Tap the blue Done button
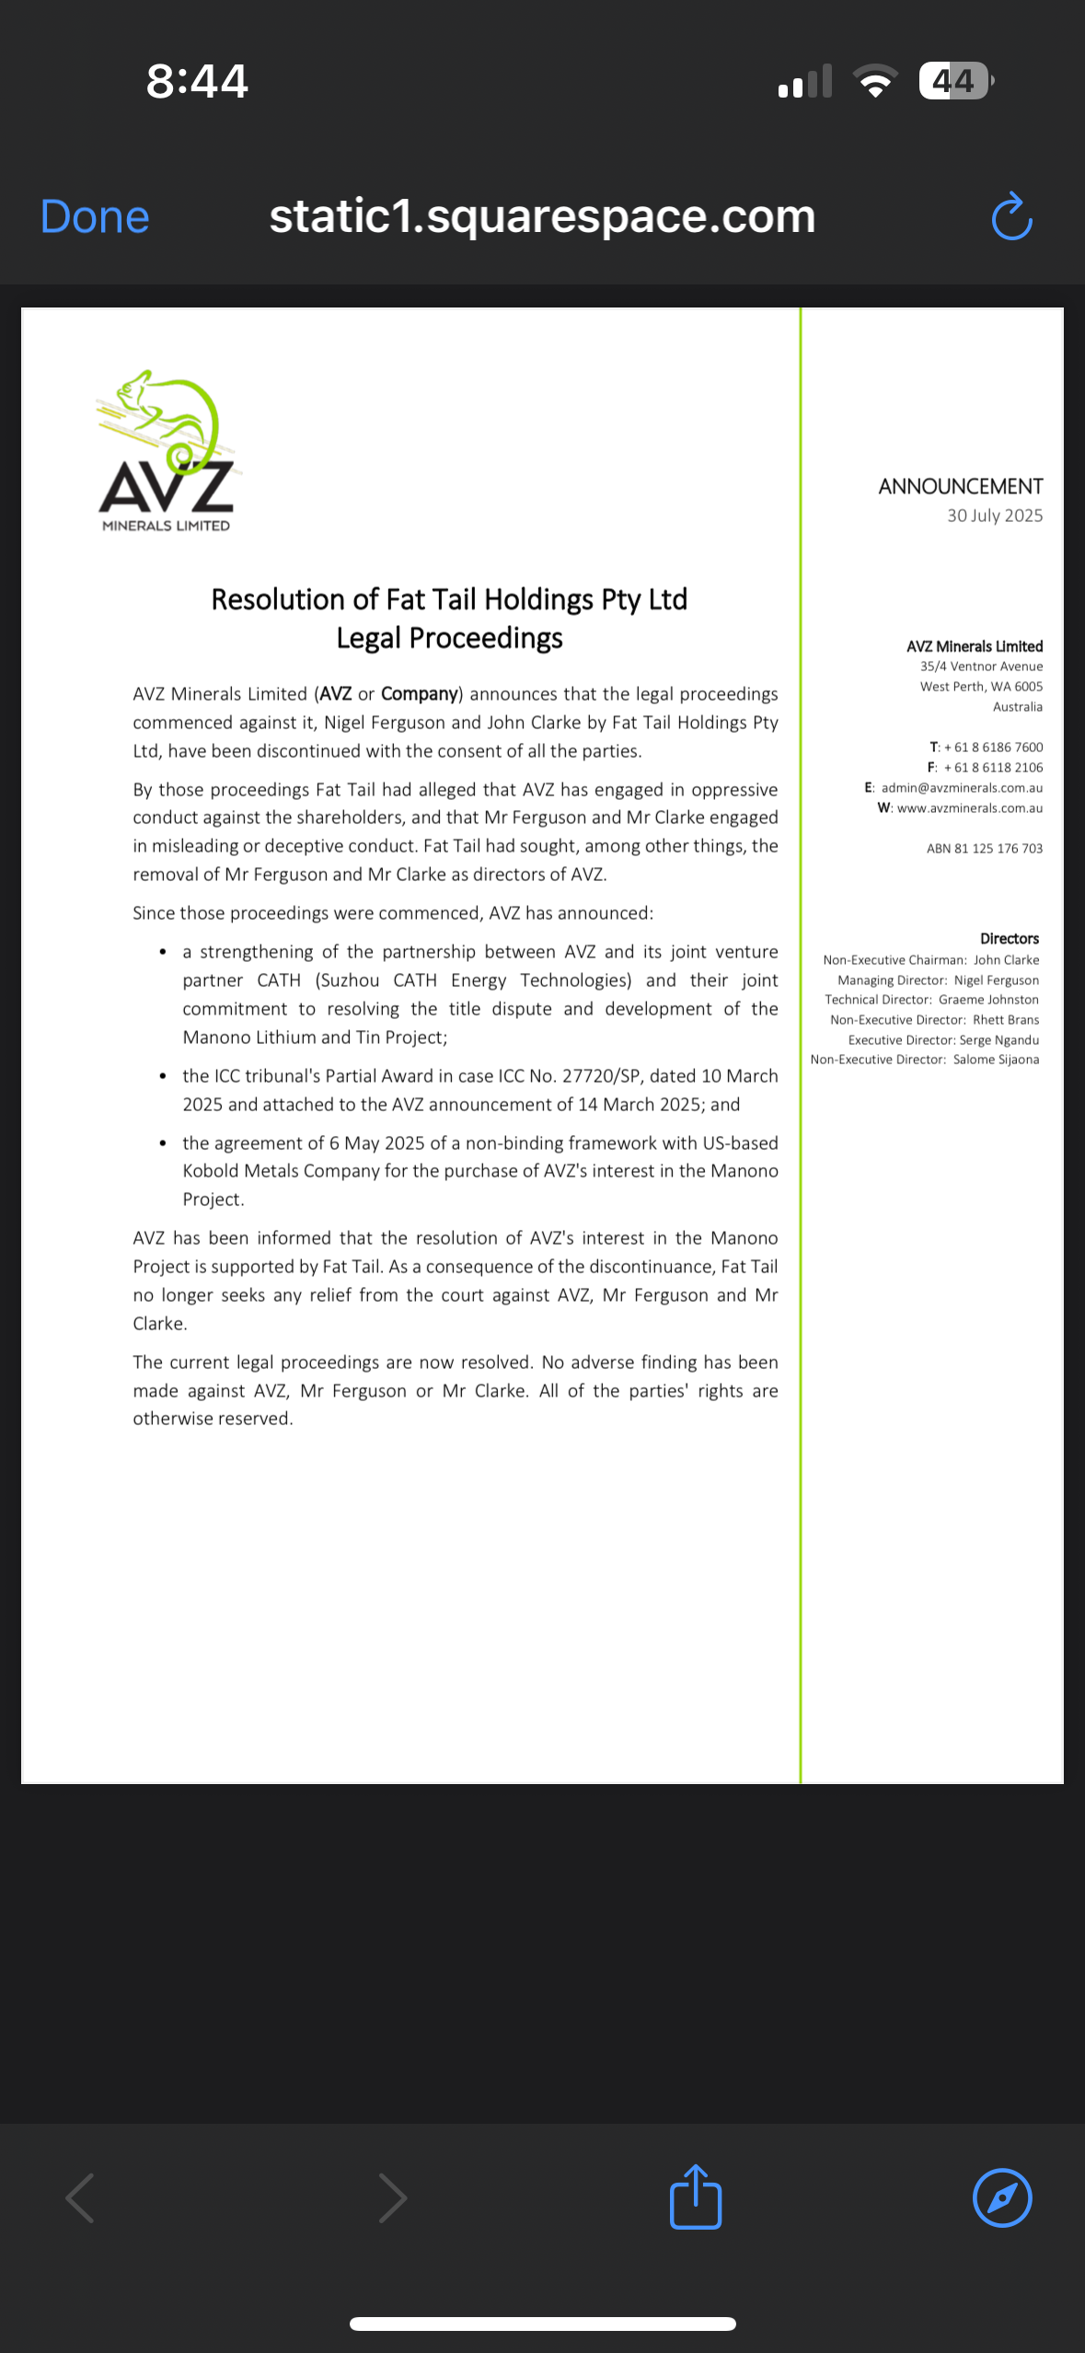(x=95, y=217)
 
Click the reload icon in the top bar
(x=1011, y=217)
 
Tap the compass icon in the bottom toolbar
(x=1001, y=2197)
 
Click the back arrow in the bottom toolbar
(x=81, y=2197)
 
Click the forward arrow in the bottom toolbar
(x=392, y=2197)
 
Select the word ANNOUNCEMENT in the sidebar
(x=960, y=486)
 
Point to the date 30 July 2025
(x=994, y=516)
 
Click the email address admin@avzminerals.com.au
(x=961, y=788)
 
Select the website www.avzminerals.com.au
(x=969, y=808)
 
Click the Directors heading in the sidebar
(x=1009, y=939)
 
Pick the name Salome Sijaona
(x=996, y=1060)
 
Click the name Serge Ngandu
(x=998, y=1040)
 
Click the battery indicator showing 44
(x=954, y=81)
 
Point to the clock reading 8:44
(x=197, y=81)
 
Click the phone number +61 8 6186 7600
(x=993, y=748)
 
